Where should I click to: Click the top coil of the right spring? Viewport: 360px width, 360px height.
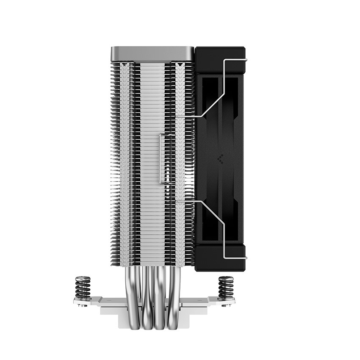pos(225,279)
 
